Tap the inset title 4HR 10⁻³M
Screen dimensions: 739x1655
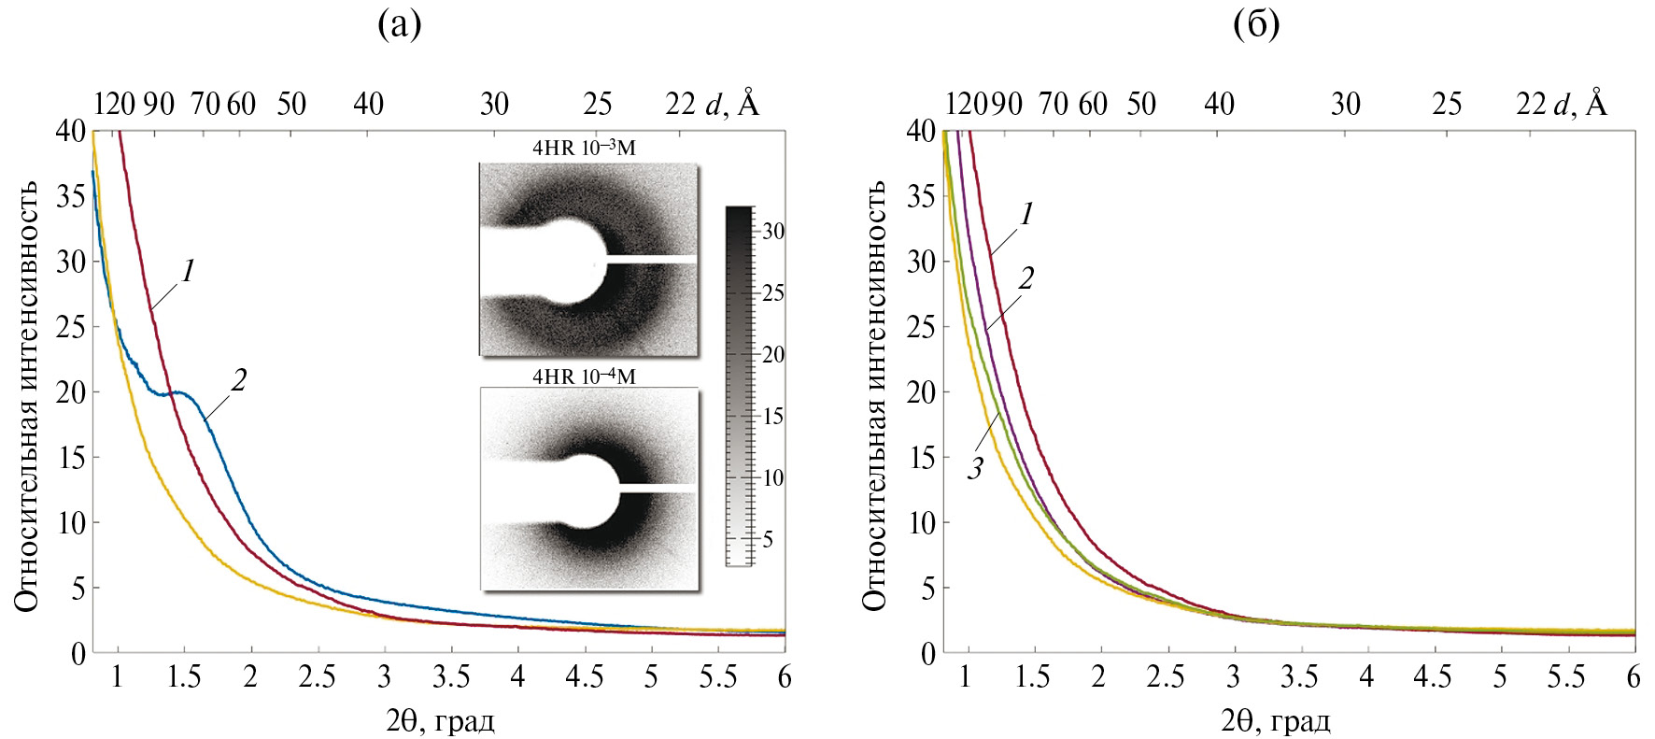[x=584, y=149]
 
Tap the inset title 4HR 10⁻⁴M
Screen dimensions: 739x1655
[x=584, y=377]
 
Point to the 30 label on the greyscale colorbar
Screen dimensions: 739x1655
[x=773, y=231]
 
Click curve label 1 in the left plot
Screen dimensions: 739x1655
[x=189, y=273]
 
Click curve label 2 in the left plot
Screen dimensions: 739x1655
[x=239, y=380]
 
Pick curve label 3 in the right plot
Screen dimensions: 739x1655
[x=976, y=468]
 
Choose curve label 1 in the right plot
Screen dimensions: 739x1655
[x=1026, y=215]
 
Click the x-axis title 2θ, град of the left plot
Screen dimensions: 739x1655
[x=440, y=720]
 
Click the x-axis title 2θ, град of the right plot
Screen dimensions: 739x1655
[x=1275, y=720]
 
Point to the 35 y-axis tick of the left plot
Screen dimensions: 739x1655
[x=71, y=197]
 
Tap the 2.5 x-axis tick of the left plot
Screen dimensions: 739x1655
[x=317, y=677]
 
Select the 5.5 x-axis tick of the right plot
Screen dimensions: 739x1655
[x=1566, y=677]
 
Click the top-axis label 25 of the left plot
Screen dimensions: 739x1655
[x=598, y=104]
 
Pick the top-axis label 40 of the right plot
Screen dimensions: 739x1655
[x=1219, y=104]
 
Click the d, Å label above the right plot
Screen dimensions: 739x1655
[x=1580, y=103]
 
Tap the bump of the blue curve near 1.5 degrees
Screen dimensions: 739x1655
[x=179, y=391]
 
